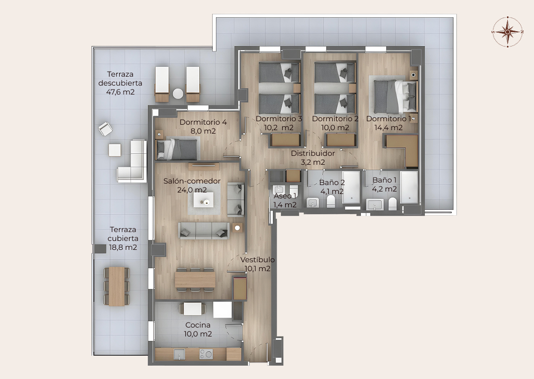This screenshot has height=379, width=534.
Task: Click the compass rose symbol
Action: coord(507,32)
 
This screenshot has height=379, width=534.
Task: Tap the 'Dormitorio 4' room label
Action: coord(203,122)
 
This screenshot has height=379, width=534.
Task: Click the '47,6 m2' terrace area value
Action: coord(120,92)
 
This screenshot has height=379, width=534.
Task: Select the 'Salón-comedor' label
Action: coord(192,181)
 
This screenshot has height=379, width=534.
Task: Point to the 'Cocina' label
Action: coord(198,325)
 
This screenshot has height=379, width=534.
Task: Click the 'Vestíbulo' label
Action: coord(258,260)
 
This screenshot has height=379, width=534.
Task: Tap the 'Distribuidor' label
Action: coord(312,153)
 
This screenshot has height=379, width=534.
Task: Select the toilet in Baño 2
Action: coord(331,201)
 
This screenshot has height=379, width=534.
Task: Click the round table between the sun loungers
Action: coord(178,94)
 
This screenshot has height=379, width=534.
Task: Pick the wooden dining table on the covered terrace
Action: coord(117,286)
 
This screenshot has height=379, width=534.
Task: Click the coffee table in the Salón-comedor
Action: coord(204,200)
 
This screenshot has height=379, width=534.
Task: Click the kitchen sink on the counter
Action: coord(179,354)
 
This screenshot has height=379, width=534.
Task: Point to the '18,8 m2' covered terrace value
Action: coord(123,247)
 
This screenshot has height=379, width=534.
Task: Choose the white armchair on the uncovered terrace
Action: coord(106,129)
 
